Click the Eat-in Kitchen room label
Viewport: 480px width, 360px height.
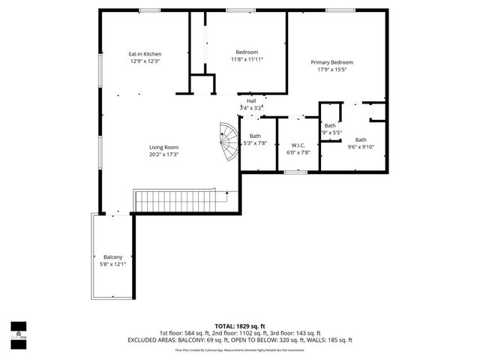(x=145, y=54)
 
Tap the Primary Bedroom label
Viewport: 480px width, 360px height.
(x=332, y=62)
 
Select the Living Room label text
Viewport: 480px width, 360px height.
(x=163, y=147)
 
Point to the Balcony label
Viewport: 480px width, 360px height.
(x=112, y=257)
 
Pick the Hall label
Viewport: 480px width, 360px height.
(x=251, y=100)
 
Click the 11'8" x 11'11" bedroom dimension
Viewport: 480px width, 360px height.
(x=247, y=59)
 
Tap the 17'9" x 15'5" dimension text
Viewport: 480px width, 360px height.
(x=332, y=70)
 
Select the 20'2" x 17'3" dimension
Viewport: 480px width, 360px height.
(x=163, y=154)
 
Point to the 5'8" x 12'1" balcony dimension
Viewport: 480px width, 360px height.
(x=112, y=265)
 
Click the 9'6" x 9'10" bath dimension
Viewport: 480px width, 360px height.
(x=361, y=147)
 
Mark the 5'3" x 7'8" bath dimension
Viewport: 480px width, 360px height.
(x=255, y=143)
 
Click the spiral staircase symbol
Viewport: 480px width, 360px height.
(x=227, y=142)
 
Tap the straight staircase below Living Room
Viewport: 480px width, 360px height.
(x=180, y=201)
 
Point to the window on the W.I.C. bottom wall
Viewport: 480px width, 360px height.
(x=295, y=172)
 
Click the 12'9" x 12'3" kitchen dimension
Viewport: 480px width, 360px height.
(x=145, y=61)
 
